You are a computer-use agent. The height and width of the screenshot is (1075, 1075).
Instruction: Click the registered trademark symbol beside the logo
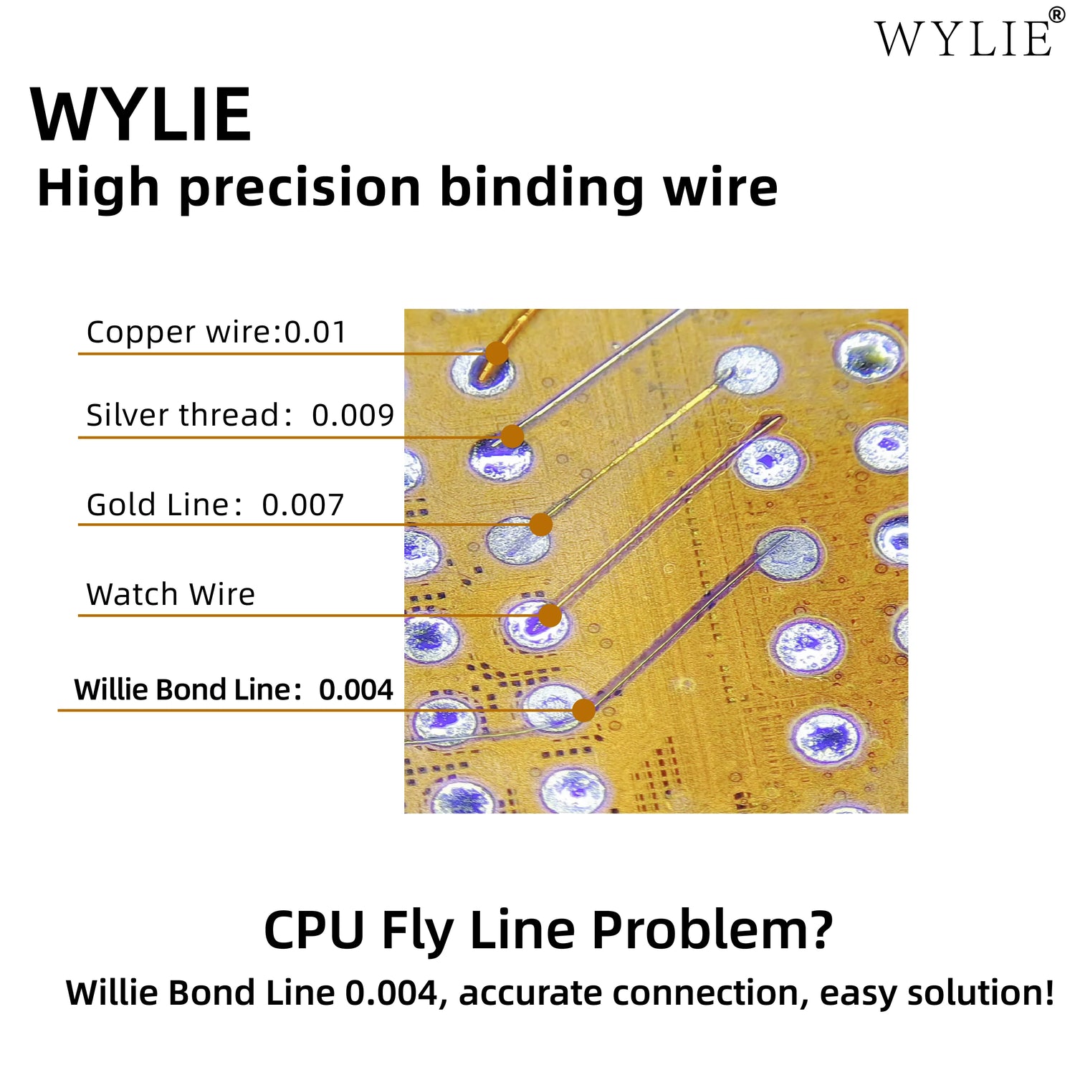1057,15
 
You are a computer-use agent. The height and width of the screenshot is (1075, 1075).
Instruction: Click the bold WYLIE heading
141,115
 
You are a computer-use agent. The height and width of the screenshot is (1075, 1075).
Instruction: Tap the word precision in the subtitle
300,188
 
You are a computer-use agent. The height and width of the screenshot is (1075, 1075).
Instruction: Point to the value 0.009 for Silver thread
353,416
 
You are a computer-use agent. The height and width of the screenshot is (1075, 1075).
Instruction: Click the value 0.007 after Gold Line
302,505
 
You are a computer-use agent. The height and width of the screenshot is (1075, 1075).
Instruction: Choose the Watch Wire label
171,595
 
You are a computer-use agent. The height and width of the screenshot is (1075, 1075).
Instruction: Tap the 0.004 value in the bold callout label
355,690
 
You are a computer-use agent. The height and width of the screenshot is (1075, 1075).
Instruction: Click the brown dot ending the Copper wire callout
496,353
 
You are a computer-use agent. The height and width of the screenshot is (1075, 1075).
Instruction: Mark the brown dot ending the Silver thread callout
512,436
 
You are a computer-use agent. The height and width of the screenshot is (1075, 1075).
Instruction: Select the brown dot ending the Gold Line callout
540,525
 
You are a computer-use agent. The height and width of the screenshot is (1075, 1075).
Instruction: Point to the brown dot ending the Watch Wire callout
549,615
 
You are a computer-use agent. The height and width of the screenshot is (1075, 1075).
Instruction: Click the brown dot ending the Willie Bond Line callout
584,710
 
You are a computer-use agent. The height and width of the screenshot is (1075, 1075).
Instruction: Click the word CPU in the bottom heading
315,930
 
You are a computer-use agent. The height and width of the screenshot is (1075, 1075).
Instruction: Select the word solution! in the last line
980,993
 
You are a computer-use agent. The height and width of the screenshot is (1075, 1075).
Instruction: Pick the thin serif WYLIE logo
963,39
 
